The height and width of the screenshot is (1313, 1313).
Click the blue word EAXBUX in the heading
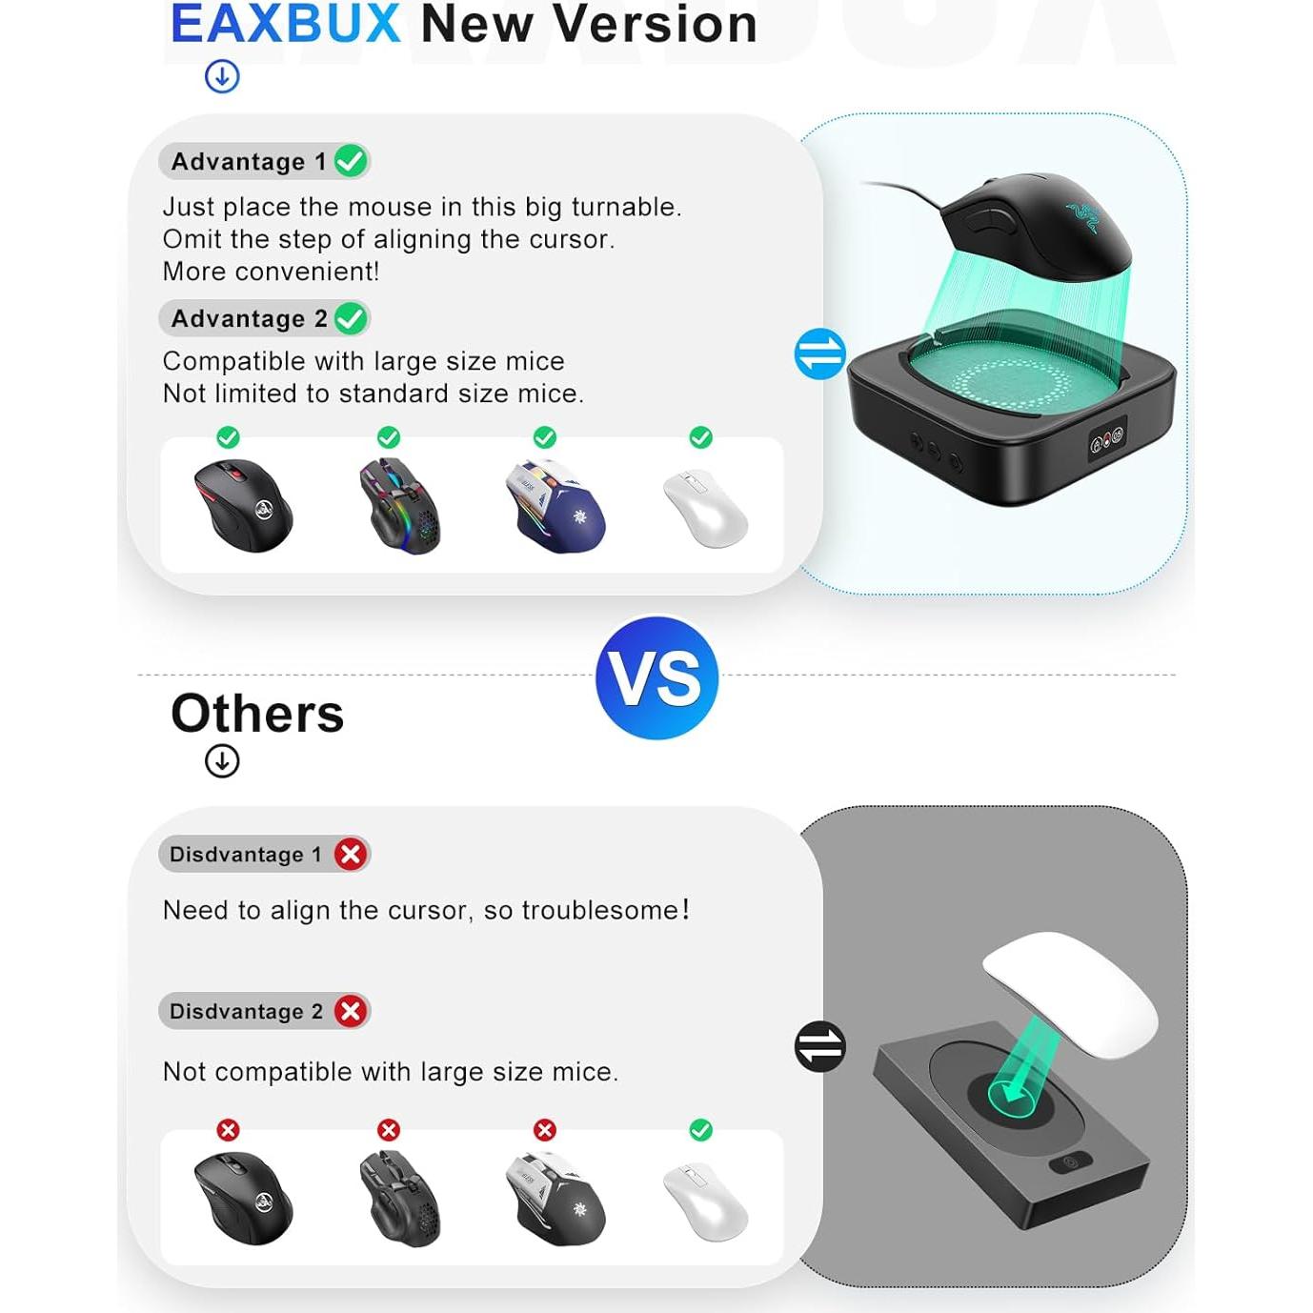click(x=285, y=24)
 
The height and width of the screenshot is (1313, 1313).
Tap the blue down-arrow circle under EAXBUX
click(x=222, y=76)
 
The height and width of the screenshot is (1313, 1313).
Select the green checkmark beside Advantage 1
click(x=351, y=161)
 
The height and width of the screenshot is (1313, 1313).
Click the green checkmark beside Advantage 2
click(x=351, y=318)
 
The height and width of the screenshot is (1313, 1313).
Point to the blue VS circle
click(x=656, y=677)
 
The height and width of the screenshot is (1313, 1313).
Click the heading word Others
click(x=257, y=714)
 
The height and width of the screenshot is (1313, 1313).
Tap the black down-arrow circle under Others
click(x=222, y=760)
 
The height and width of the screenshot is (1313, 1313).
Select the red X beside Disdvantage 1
click(x=351, y=854)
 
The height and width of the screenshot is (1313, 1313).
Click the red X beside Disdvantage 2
click(x=351, y=1011)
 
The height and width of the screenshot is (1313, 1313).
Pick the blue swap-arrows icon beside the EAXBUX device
click(x=819, y=354)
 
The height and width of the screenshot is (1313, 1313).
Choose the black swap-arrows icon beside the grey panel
click(x=819, y=1046)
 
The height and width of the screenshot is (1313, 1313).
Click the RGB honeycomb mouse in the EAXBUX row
click(x=399, y=505)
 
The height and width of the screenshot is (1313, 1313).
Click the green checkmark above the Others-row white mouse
click(x=701, y=1130)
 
